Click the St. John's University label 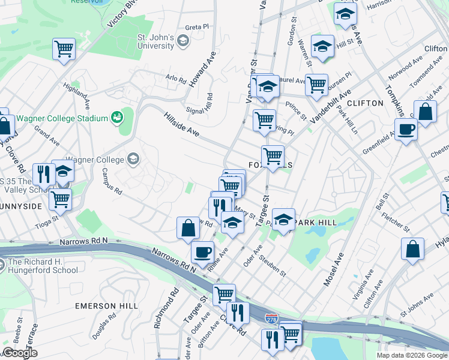pos(155,41)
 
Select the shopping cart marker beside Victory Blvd pos(64,50)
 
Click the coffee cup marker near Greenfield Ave pos(406,129)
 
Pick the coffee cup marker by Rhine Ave pos(202,252)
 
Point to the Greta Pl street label pos(197,27)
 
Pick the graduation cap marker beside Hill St pos(323,49)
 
